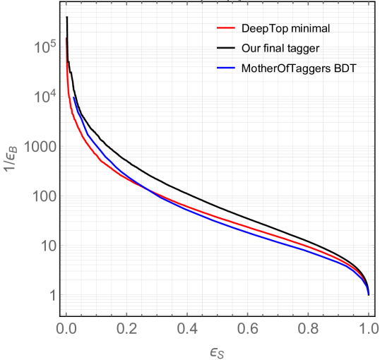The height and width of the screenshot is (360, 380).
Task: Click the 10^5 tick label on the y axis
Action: [45, 48]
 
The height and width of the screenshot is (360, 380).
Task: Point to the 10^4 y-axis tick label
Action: [45, 97]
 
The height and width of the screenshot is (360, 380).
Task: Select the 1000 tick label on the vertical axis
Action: [40, 148]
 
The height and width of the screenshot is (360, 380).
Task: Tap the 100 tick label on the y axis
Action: [44, 197]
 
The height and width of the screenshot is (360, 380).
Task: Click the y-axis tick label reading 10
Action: [48, 246]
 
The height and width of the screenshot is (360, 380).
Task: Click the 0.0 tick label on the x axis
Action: [66, 328]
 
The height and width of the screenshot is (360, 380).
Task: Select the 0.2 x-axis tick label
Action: [126, 328]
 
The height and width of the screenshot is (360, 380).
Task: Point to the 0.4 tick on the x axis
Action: [187, 328]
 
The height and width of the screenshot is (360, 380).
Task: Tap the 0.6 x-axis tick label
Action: [248, 328]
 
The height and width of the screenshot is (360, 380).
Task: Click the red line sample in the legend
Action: [226, 29]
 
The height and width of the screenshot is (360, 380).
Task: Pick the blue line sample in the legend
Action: [226, 68]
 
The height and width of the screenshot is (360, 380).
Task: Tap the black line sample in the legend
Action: [226, 49]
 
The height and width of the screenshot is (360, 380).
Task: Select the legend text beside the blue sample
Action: [297, 68]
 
